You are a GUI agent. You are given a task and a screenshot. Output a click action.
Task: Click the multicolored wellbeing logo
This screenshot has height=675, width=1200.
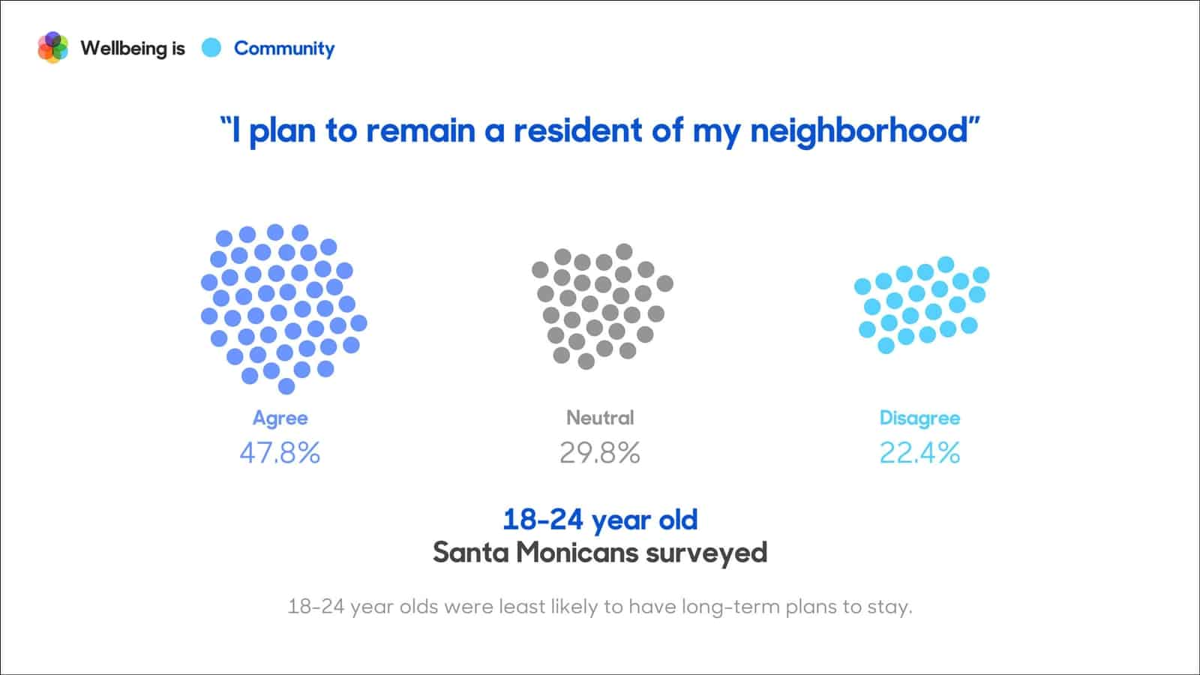(x=52, y=48)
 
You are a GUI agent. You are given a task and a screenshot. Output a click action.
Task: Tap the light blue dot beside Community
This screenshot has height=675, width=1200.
(x=211, y=48)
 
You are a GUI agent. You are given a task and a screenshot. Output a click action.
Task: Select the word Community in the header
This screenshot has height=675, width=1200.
(x=284, y=48)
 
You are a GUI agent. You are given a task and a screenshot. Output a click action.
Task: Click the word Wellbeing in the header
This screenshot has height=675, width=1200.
(x=123, y=48)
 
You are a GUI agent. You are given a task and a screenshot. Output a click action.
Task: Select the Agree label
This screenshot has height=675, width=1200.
(x=280, y=418)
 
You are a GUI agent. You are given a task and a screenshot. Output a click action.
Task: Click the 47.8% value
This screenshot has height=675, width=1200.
(x=280, y=453)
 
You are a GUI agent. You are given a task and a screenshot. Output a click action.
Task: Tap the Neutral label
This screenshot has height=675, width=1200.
(x=600, y=418)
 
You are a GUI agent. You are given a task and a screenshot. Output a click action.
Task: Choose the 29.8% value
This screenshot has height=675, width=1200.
(x=600, y=453)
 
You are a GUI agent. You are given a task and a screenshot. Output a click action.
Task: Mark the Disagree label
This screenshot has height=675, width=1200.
(x=919, y=418)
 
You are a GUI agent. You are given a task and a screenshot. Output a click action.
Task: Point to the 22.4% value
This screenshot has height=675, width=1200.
(x=919, y=453)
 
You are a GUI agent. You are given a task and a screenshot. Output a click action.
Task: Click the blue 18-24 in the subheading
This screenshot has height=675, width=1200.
(x=542, y=519)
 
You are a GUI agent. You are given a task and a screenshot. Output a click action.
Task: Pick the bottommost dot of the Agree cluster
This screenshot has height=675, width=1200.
(x=286, y=386)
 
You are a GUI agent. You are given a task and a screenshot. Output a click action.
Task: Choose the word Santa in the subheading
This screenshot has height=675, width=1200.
(x=470, y=553)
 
